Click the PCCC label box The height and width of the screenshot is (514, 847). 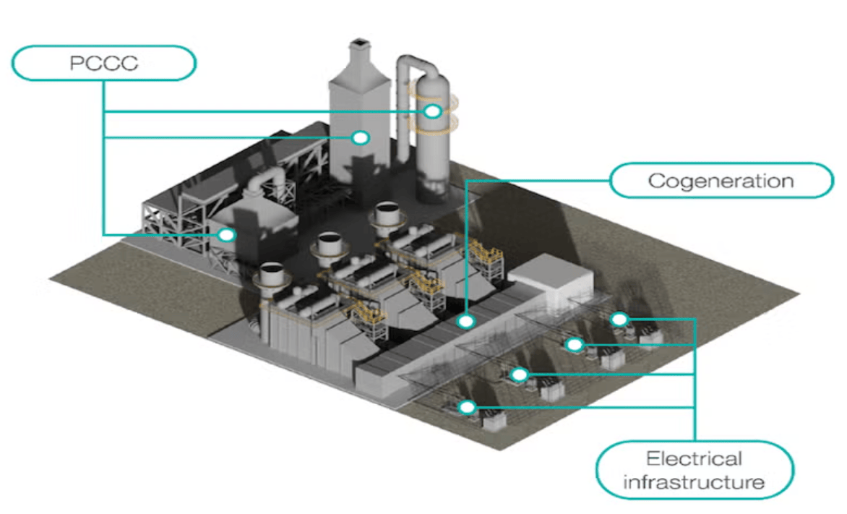click(x=103, y=63)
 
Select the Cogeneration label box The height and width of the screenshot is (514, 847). click(x=721, y=180)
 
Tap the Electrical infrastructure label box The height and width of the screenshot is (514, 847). click(x=694, y=470)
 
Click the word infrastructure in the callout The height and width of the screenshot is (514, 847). click(x=694, y=481)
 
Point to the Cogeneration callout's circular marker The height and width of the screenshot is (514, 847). click(x=467, y=320)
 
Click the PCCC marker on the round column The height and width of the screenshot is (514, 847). click(x=432, y=111)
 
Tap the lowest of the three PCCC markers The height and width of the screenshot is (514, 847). click(x=227, y=234)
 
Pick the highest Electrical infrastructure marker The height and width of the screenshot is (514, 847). click(x=619, y=319)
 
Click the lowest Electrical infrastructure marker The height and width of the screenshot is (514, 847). click(x=468, y=408)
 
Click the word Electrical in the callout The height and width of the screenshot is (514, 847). click(x=694, y=458)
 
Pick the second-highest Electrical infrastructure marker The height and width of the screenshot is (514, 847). click(x=574, y=345)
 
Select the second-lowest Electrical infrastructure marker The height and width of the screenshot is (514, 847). click(x=518, y=374)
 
